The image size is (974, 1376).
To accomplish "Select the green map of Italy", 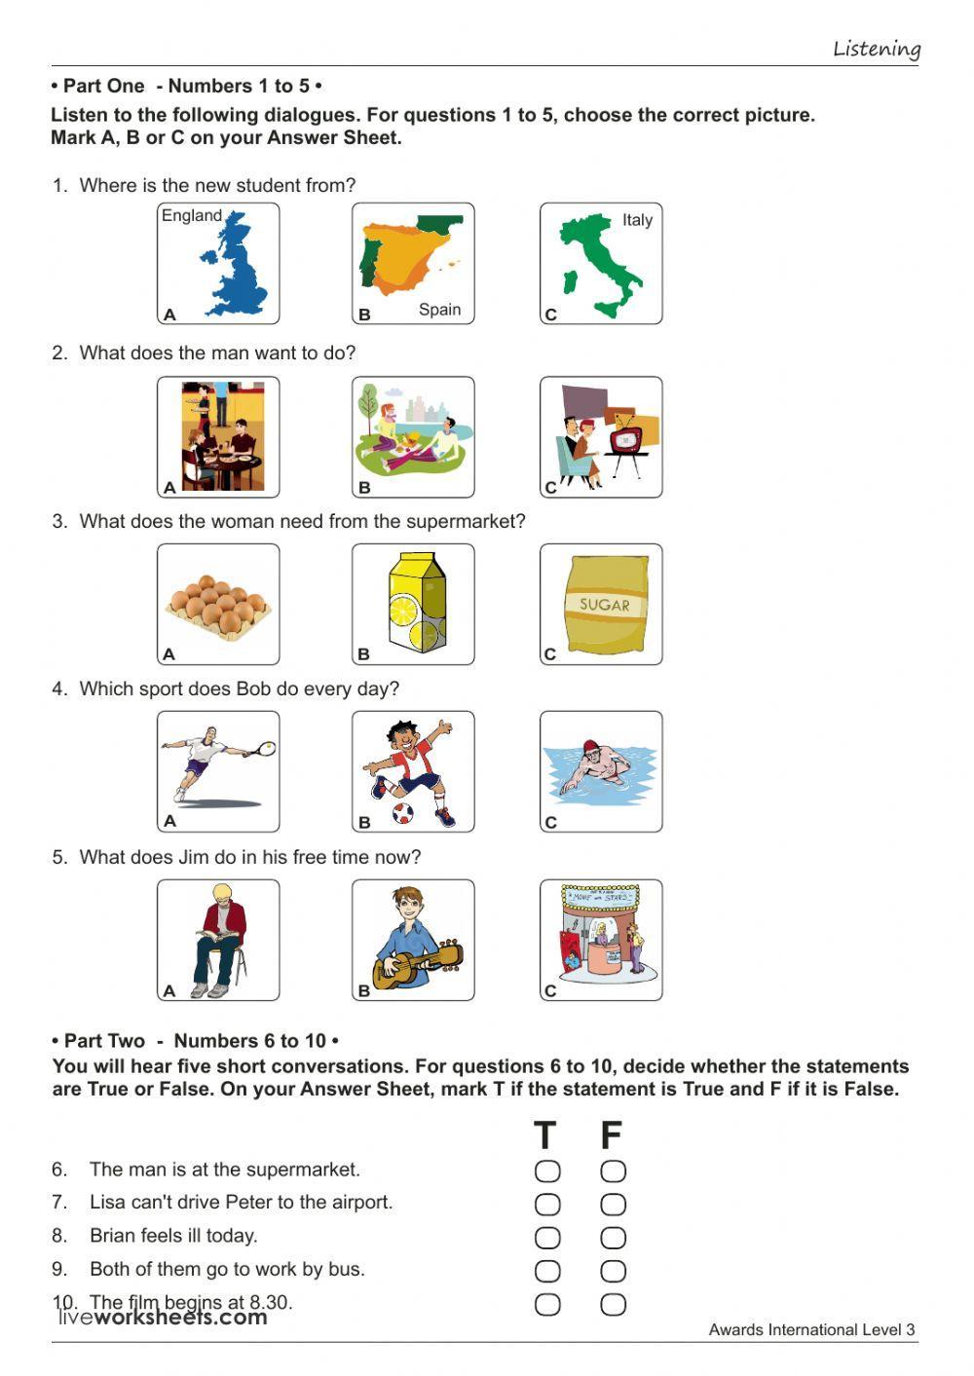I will [599, 264].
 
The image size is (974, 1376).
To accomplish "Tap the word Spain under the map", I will [439, 310].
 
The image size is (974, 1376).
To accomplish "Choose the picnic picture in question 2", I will [413, 436].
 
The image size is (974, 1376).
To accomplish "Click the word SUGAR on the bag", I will [604, 604].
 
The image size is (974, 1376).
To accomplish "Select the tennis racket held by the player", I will [262, 749].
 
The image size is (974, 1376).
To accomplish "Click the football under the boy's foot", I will [403, 812].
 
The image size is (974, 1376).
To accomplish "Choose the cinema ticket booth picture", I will [601, 940].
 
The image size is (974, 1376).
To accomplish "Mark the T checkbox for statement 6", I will [547, 1171].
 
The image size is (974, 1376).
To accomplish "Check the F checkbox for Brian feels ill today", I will [613, 1237].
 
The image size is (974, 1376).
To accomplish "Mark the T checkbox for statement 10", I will [547, 1304].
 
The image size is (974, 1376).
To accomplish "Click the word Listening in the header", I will [876, 49].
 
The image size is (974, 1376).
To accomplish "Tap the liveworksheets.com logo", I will [163, 1318].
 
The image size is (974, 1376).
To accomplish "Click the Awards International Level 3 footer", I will [811, 1329].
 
